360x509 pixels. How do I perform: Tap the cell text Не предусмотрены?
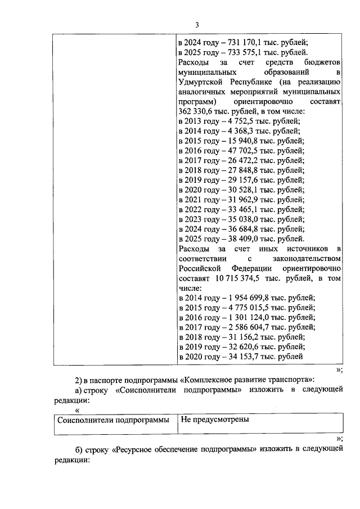click(x=214, y=420)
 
